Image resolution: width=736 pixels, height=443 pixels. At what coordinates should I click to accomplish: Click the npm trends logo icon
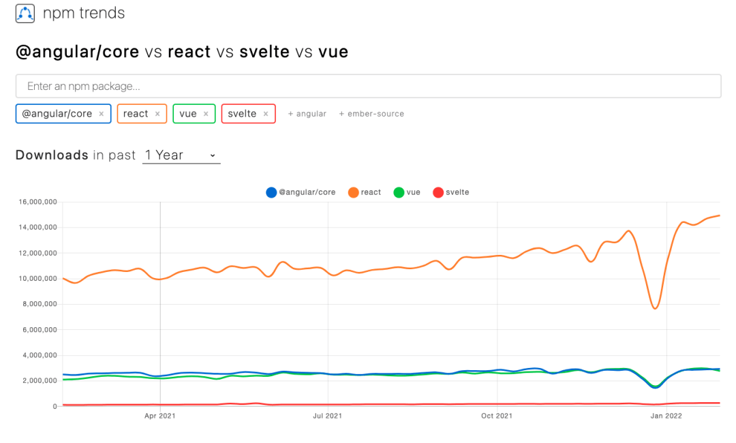click(25, 13)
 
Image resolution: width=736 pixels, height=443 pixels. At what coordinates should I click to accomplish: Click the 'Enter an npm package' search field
click(368, 87)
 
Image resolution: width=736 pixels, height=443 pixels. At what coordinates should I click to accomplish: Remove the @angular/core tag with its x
click(102, 114)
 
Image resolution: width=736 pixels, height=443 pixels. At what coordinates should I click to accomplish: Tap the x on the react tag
click(157, 114)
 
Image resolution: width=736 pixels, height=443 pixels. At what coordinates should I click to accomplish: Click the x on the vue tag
click(206, 114)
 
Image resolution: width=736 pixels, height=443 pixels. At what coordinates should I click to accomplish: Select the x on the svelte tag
click(266, 114)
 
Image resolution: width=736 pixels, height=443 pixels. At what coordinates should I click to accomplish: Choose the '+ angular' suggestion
click(307, 114)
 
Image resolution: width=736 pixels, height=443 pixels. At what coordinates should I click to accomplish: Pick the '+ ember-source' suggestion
click(371, 114)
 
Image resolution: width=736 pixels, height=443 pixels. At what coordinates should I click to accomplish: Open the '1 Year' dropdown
click(181, 155)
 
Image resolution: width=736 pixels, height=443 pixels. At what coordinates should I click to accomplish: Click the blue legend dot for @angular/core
click(271, 192)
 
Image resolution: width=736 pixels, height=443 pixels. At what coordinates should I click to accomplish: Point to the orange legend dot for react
click(353, 192)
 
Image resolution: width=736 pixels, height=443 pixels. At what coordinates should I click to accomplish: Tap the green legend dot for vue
click(399, 192)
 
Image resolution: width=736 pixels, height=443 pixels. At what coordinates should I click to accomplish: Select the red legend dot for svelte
click(438, 192)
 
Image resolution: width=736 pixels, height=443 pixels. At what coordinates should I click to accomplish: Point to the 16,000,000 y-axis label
click(35, 202)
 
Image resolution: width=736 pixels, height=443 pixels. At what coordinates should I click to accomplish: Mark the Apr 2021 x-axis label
click(159, 415)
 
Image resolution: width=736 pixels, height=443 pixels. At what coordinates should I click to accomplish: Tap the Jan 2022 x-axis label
click(666, 415)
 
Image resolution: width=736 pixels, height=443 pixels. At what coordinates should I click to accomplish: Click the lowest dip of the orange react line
click(655, 308)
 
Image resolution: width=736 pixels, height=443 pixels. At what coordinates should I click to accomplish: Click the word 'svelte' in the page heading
click(264, 52)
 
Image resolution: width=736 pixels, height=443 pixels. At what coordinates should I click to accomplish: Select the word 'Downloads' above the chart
click(52, 155)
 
